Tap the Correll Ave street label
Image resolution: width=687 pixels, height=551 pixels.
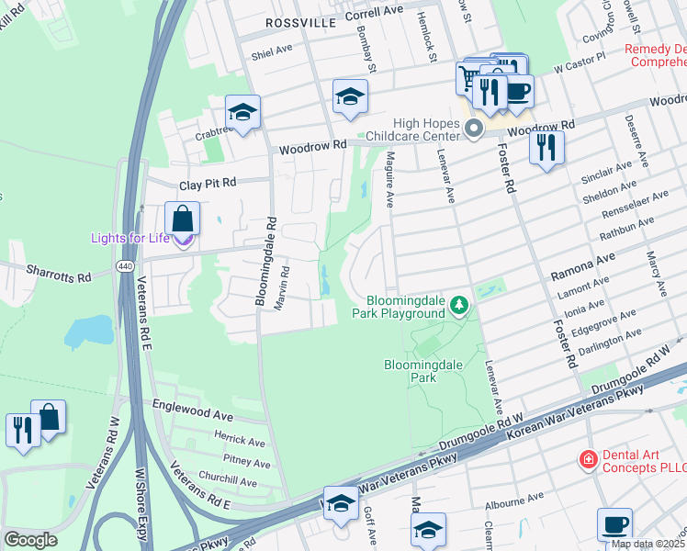[374, 14]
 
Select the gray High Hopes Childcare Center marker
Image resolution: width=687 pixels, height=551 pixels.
[474, 128]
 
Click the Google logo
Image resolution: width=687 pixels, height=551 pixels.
[30, 540]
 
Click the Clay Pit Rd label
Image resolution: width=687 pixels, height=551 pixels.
[208, 184]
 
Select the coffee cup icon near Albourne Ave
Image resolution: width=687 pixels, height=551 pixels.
[614, 525]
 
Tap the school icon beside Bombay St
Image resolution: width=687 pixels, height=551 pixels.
[350, 97]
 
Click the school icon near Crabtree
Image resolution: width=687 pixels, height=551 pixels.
[242, 112]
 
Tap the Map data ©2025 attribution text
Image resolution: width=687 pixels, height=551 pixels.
[648, 544]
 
